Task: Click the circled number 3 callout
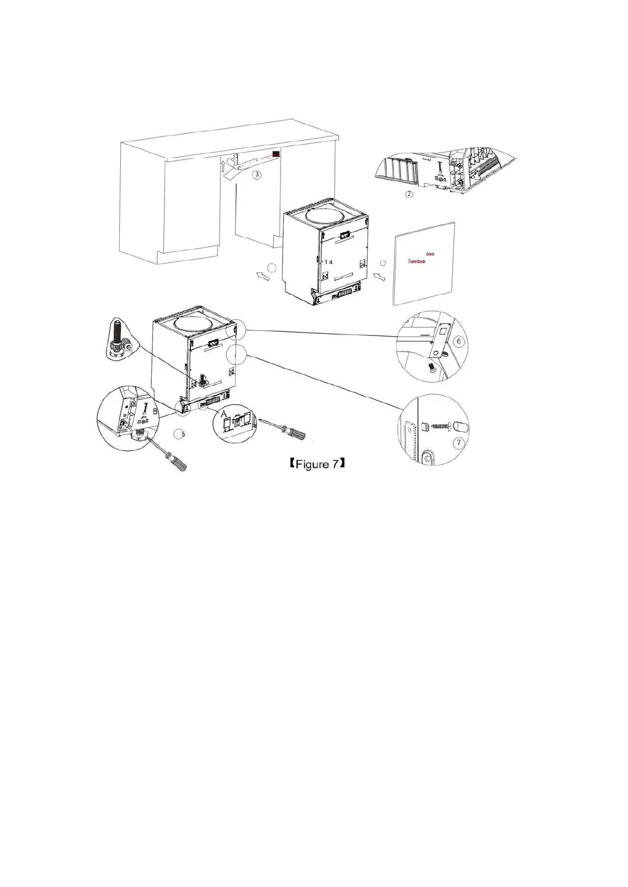(x=257, y=174)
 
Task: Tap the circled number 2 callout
(x=409, y=194)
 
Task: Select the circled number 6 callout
(x=458, y=341)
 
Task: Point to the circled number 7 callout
(x=459, y=442)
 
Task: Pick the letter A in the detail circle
(x=224, y=415)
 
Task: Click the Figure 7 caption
(x=317, y=464)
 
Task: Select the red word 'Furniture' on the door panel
(x=417, y=261)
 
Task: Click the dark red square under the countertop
(x=276, y=154)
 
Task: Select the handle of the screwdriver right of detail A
(x=296, y=433)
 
